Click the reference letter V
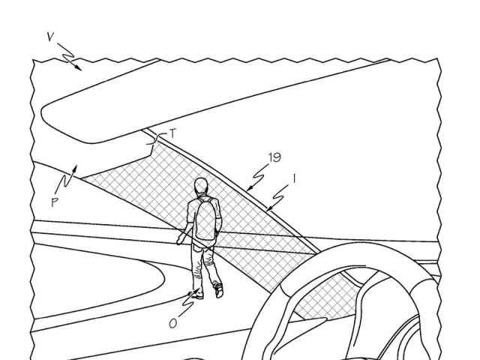(51, 37)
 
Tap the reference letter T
(173, 133)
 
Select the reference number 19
(274, 157)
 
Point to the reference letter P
(55, 202)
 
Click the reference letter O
(173, 323)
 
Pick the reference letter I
(294, 178)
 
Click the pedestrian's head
(201, 185)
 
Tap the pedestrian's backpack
(205, 219)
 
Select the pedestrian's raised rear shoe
(219, 290)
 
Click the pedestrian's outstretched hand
(179, 241)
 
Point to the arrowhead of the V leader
(79, 68)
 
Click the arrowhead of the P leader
(74, 169)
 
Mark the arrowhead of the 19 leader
(249, 188)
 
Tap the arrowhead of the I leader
(269, 208)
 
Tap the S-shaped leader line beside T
(157, 139)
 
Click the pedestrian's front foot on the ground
(196, 295)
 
